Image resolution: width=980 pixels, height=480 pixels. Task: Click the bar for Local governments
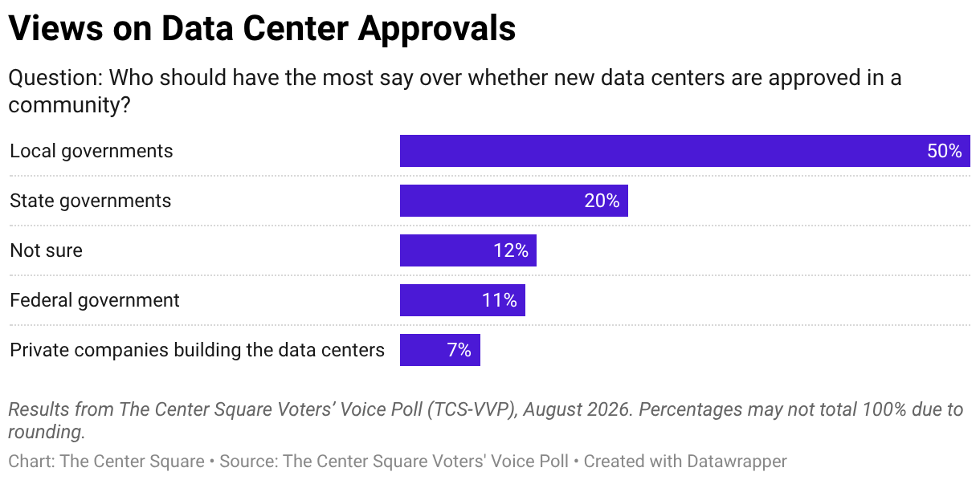pos(684,151)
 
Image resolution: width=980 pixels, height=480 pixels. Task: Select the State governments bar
pos(513,201)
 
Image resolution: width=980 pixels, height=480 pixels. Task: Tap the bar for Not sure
pos(468,250)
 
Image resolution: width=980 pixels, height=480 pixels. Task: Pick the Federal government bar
pos(463,300)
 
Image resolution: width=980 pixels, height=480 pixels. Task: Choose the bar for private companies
pos(439,350)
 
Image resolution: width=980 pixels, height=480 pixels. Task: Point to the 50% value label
pos(944,151)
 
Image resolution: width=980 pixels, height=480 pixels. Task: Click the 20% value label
pos(602,201)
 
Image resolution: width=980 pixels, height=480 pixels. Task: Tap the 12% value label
pos(511,251)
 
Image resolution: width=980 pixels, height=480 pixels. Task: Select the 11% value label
pos(499,301)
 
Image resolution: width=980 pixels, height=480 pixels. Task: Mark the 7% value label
pos(459,351)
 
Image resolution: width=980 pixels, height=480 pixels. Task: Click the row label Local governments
pos(92,152)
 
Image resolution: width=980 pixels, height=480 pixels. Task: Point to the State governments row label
pos(91,201)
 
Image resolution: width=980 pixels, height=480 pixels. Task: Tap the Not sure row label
pos(46,251)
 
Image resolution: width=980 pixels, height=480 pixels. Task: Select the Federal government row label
pos(95,301)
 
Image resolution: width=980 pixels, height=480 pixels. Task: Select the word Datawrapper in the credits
pos(737,462)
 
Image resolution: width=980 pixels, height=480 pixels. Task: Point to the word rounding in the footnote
pos(45,433)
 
